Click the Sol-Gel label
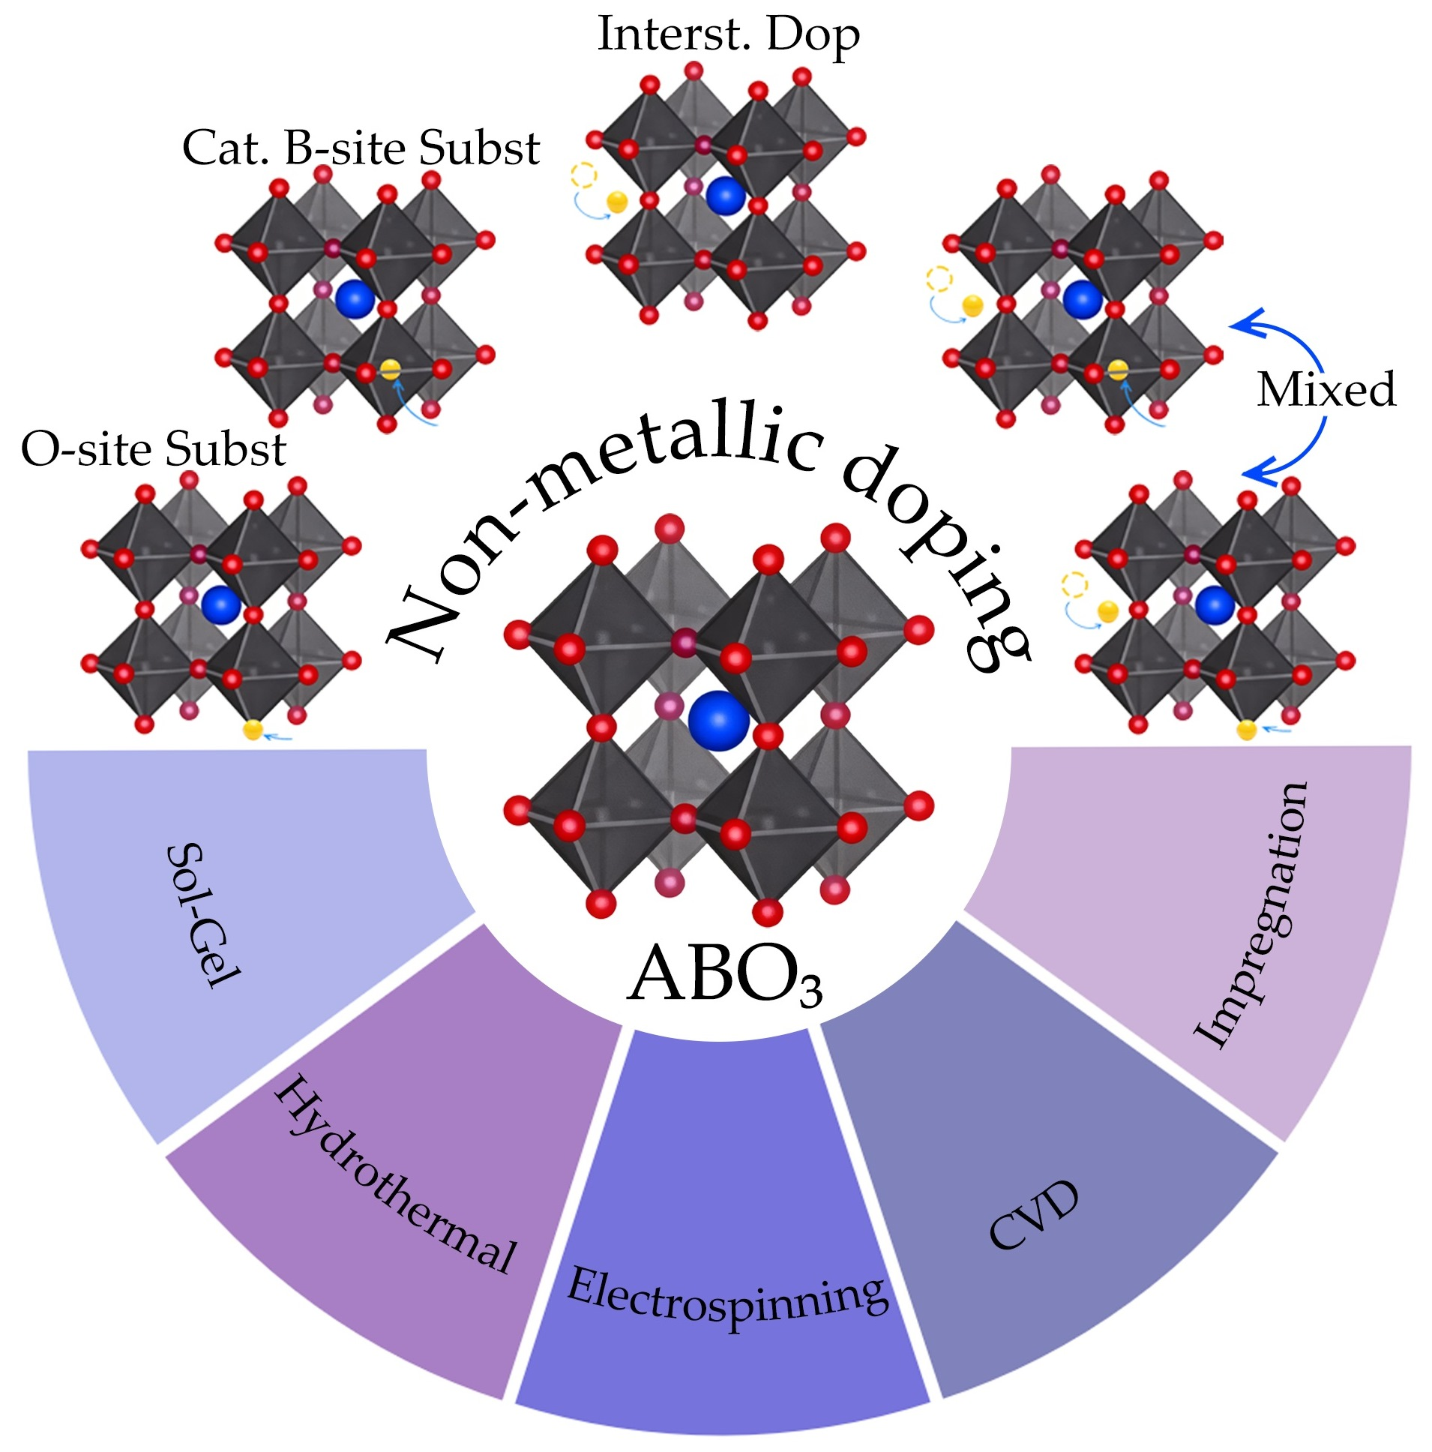coord(202,915)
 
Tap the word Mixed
coord(1326,389)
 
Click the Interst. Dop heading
coord(728,34)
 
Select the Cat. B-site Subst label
coord(361,147)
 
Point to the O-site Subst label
coord(154,449)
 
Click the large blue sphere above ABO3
coord(719,720)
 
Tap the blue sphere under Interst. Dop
coord(725,196)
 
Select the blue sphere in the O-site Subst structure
coord(221,604)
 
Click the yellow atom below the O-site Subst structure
coord(253,729)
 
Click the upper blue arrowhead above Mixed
coord(1244,322)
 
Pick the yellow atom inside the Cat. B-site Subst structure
coord(390,369)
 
